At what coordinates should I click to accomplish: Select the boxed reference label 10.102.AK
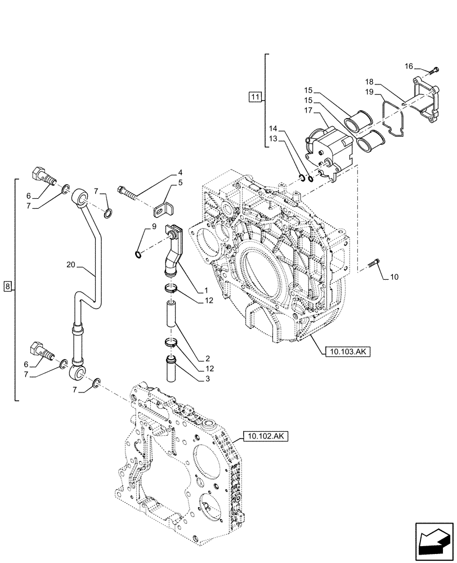[x=266, y=436]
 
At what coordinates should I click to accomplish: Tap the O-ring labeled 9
[x=139, y=254]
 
